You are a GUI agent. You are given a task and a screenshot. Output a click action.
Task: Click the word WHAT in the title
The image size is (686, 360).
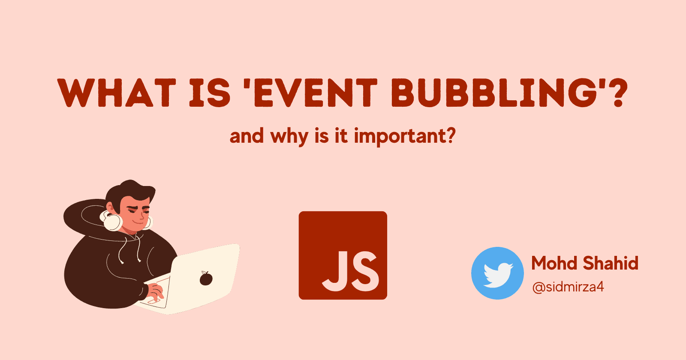click(x=117, y=93)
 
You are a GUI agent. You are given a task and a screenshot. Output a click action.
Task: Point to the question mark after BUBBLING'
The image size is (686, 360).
click(x=616, y=93)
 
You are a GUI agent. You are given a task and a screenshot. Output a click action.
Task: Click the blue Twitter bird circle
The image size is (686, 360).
click(x=497, y=273)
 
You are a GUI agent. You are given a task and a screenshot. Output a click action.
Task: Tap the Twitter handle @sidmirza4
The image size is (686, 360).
click(x=568, y=287)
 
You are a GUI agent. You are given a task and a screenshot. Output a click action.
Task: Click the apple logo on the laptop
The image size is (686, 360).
click(x=206, y=278)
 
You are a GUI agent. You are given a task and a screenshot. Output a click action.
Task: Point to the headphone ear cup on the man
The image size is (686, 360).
click(x=112, y=221)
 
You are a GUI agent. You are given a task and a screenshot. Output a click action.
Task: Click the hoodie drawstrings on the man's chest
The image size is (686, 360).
click(x=129, y=251)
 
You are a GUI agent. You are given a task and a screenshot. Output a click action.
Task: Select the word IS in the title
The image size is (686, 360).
click(x=210, y=93)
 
